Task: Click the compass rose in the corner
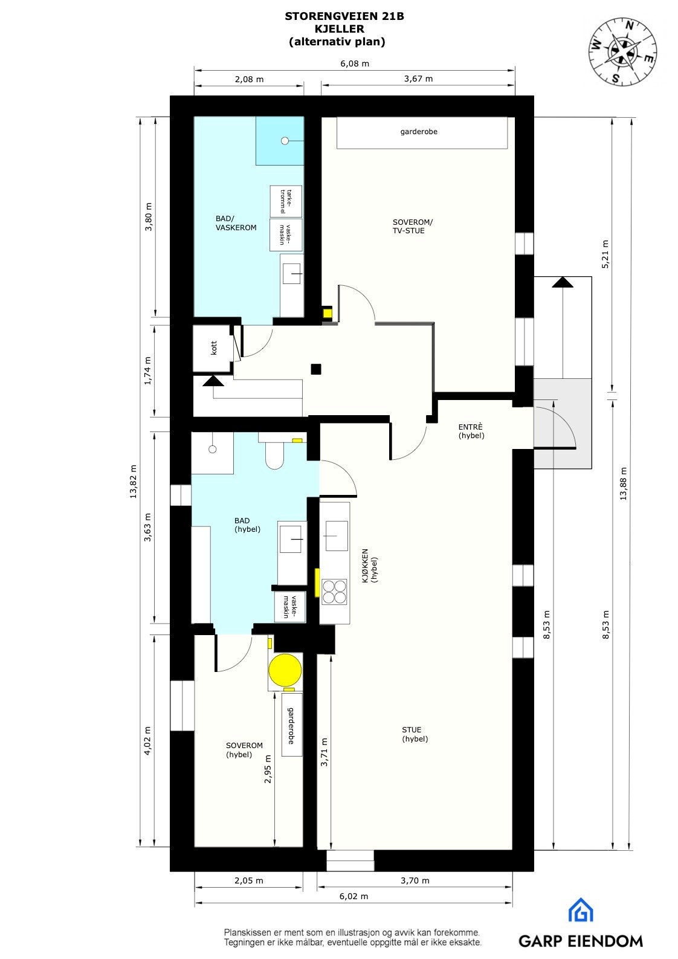pyautogui.click(x=622, y=51)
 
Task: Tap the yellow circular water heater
pyautogui.click(x=285, y=671)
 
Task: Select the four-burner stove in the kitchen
pyautogui.click(x=334, y=592)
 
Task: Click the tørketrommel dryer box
pyautogui.click(x=286, y=201)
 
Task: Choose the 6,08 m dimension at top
pyautogui.click(x=355, y=63)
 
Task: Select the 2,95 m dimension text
pyautogui.click(x=268, y=769)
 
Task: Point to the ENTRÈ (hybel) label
pyautogui.click(x=471, y=431)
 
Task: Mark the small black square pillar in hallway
pyautogui.click(x=316, y=369)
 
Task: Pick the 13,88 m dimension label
pyautogui.click(x=623, y=483)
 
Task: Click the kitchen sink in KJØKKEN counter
pyautogui.click(x=337, y=535)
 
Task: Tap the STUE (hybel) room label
pyautogui.click(x=415, y=734)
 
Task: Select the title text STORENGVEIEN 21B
pyautogui.click(x=344, y=17)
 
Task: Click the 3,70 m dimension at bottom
pyautogui.click(x=415, y=880)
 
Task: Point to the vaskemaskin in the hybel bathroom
pyautogui.click(x=290, y=607)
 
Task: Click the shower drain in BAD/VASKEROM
pyautogui.click(x=284, y=141)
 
